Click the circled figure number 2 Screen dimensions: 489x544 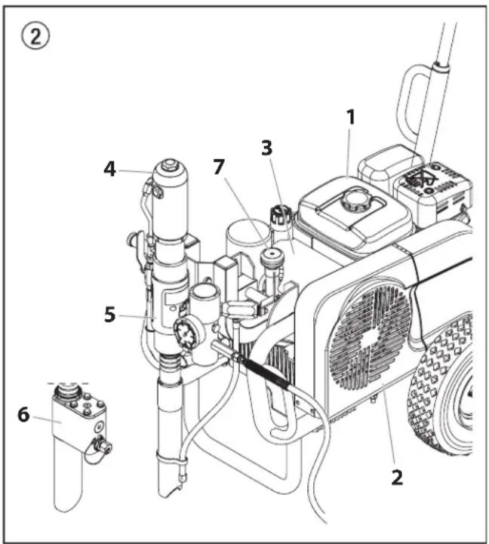[35, 36]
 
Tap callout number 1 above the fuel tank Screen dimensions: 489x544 [351, 117]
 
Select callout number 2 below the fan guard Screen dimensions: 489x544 [397, 478]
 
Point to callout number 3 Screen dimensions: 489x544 [266, 147]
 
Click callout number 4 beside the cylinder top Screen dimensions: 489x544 [109, 169]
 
